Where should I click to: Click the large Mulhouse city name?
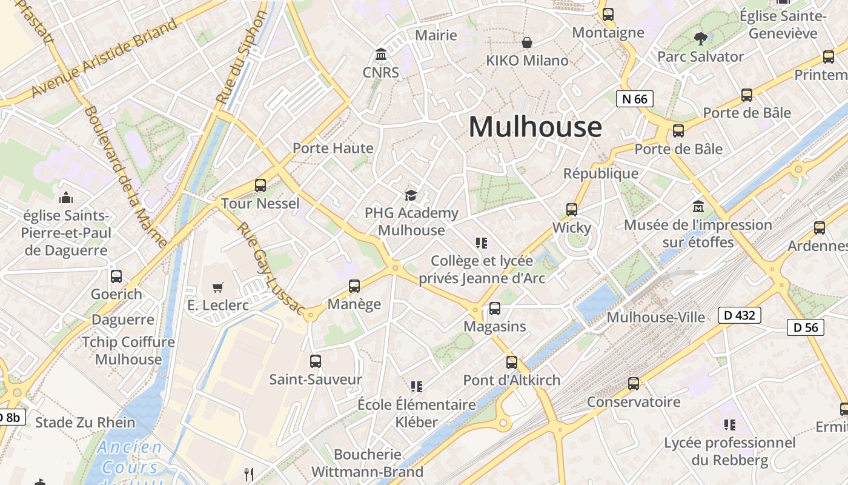535,127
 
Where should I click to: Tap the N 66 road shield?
634,99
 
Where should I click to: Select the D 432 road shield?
739,315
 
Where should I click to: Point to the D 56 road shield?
806,327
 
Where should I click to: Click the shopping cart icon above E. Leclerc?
218,287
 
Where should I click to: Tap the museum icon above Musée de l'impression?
698,207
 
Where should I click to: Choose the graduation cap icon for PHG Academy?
411,195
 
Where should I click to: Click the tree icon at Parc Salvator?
700,39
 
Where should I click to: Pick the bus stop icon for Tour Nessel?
260,186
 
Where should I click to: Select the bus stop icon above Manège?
354,286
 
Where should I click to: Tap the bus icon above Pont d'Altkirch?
512,363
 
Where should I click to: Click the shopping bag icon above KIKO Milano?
527,42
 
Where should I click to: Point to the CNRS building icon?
381,55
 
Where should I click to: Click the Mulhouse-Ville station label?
655,317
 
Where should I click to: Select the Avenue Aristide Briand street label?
104,58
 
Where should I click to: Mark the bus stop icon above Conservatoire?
634,384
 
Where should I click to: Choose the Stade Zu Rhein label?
85,423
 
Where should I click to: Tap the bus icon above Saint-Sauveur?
316,361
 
